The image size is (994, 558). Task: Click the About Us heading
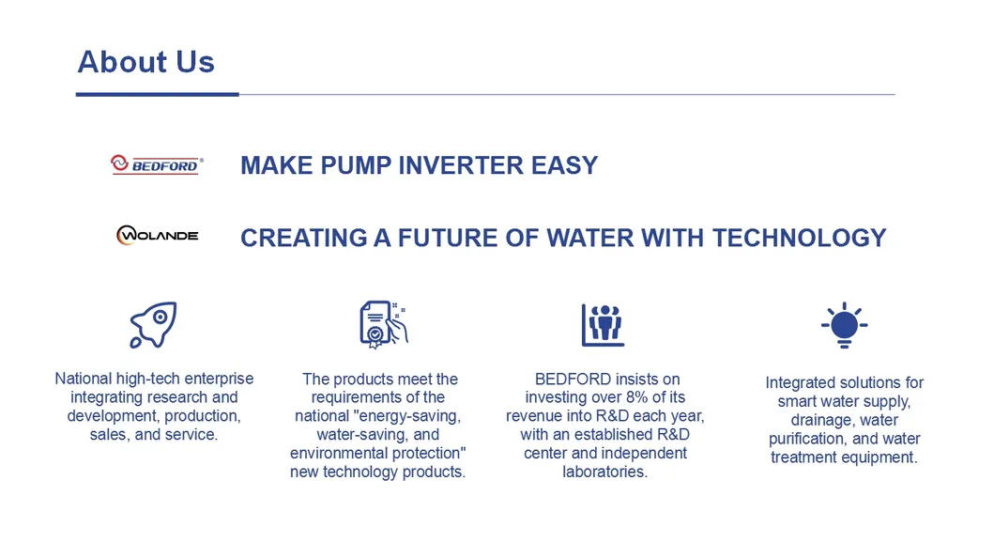145,62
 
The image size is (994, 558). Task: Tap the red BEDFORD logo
157,165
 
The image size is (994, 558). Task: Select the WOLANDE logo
157,235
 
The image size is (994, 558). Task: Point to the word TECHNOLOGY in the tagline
799,238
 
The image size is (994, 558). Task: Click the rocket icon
153,325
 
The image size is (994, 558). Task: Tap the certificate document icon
383,325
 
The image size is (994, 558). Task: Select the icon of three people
603,325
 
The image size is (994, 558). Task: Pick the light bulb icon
845,325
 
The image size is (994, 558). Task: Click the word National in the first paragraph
83,379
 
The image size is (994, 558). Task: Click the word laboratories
604,472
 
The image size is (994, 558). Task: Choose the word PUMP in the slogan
356,165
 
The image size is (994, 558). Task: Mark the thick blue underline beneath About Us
157,95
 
